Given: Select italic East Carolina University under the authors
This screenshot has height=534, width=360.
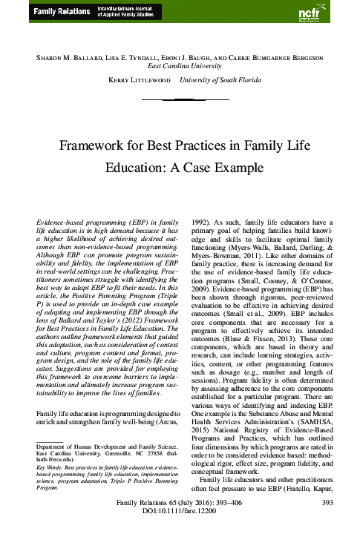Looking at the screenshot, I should point(180,65).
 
